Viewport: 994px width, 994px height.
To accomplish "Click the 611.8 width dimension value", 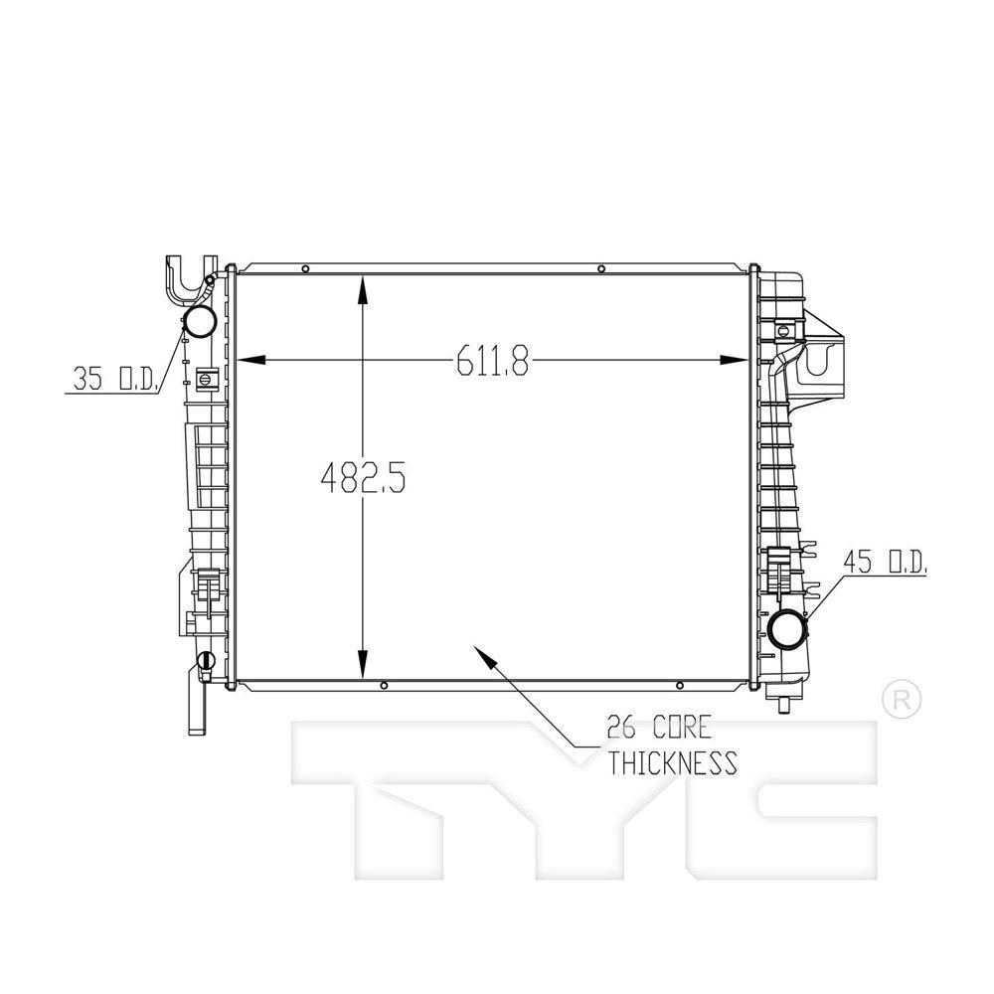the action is [x=492, y=361].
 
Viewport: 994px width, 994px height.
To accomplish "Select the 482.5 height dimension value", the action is [x=363, y=477].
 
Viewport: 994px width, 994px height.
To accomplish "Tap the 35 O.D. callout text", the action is [x=114, y=379].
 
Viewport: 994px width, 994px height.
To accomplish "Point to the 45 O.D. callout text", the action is [x=885, y=561].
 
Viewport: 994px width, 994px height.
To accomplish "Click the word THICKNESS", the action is [x=673, y=762].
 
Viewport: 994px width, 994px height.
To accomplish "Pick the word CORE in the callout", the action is [x=682, y=728].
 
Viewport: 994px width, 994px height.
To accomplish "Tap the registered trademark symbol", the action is [x=902, y=700].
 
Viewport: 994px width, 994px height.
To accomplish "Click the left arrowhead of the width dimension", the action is [x=249, y=360].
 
